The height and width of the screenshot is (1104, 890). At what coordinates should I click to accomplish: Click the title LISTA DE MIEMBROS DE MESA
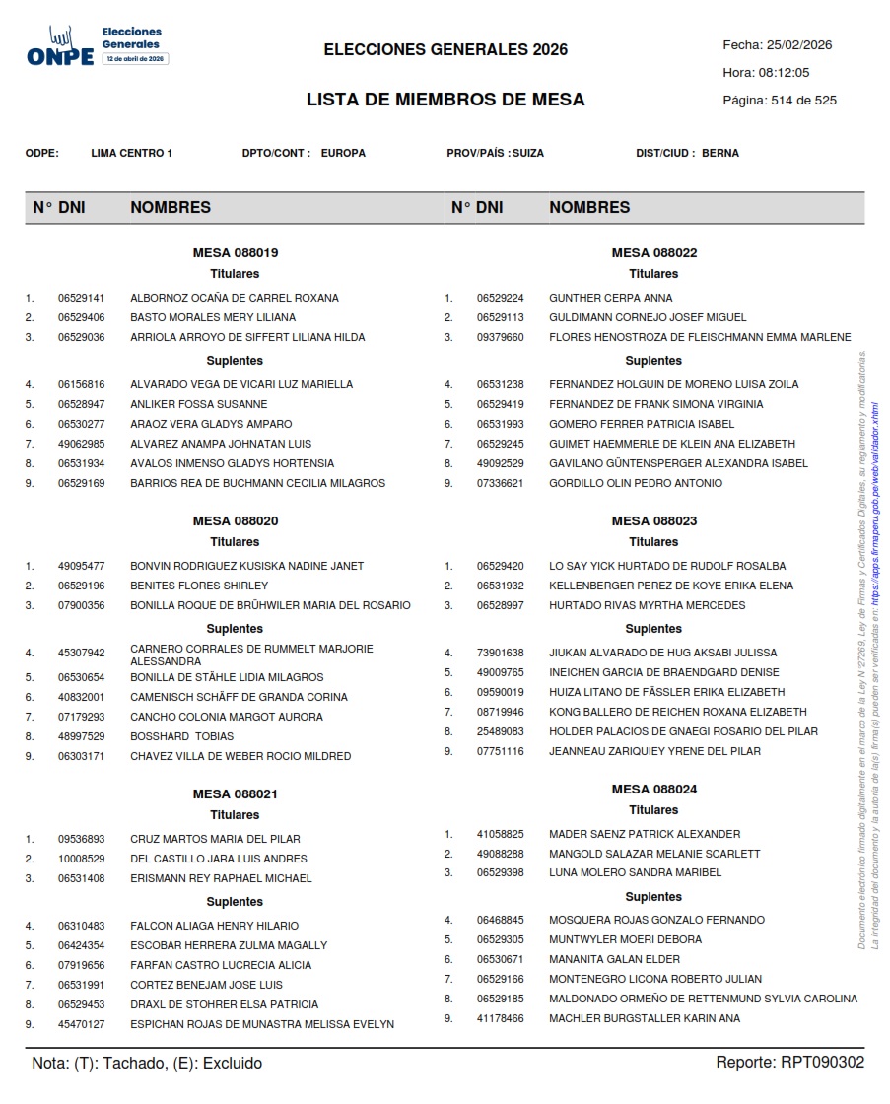click(x=445, y=100)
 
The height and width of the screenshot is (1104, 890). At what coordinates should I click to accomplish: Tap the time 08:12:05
click(x=784, y=73)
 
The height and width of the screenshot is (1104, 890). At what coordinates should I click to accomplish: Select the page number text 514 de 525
click(x=804, y=101)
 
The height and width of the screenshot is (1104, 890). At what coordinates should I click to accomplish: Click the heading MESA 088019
click(x=235, y=253)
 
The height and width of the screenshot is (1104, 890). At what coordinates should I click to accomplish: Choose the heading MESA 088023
click(x=653, y=521)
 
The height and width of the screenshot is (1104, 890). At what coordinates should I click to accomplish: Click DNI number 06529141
click(x=81, y=298)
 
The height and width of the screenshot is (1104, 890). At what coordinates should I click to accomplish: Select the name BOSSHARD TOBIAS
click(x=182, y=736)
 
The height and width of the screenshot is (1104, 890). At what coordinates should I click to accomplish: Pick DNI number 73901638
click(x=500, y=653)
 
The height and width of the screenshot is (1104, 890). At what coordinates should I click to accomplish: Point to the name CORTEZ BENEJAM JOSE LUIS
click(x=206, y=985)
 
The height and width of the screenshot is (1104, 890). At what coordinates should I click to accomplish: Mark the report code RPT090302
click(x=822, y=1063)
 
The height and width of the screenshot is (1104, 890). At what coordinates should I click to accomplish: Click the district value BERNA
click(x=719, y=153)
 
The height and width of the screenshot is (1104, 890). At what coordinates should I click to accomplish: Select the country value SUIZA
click(x=528, y=153)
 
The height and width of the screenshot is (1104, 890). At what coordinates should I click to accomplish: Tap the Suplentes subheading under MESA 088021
click(x=235, y=902)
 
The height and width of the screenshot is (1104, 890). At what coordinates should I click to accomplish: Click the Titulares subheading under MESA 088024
click(x=653, y=810)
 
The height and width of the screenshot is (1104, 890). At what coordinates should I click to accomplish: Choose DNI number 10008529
click(x=81, y=859)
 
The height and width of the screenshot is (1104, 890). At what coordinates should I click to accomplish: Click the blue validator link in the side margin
click(x=874, y=493)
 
